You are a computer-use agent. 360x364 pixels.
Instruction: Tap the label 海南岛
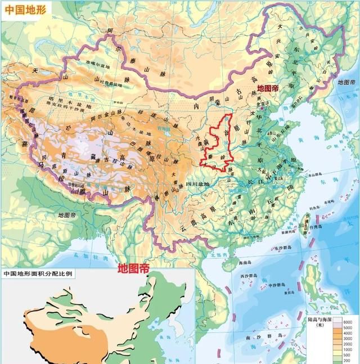click(x=236, y=263)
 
